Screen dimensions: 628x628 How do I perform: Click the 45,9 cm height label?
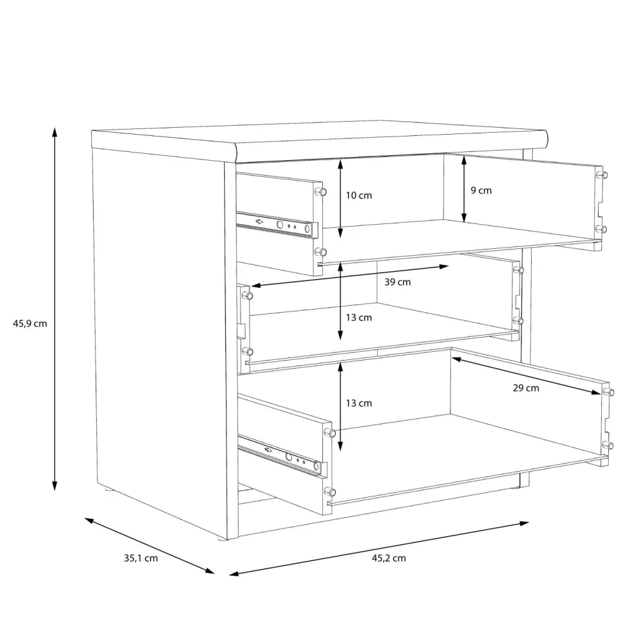30,324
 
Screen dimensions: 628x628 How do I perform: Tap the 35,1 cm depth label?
140,558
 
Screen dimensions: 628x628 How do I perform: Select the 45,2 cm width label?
389,558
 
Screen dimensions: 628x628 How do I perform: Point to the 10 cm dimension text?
359,195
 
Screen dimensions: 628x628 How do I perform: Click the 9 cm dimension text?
481,191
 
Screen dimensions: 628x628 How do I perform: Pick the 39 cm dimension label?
398,282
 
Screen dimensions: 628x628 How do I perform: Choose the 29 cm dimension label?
526,387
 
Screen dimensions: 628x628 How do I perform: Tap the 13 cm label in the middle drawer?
359,318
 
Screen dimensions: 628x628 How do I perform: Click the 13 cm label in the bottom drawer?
359,403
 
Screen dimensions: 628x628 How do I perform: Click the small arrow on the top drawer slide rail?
260,221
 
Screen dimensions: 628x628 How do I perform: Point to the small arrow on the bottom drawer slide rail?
268,450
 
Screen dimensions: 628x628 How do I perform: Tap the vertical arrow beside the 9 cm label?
464,189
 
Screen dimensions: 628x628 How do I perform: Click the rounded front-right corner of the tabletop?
544,136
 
